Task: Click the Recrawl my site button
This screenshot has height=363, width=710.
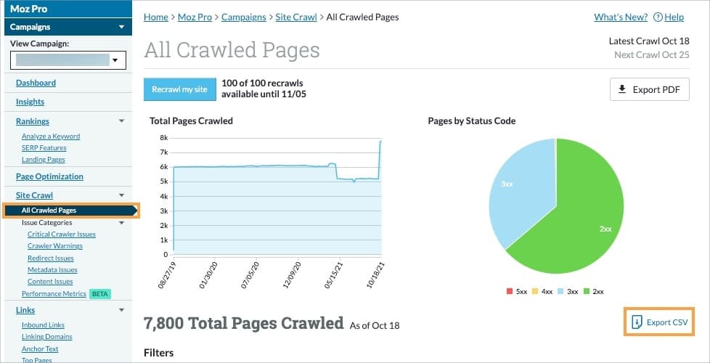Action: tap(180, 89)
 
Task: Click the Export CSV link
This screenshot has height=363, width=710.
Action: tap(659, 322)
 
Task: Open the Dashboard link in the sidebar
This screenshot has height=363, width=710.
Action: tap(36, 83)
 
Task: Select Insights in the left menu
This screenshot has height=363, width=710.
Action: tap(30, 102)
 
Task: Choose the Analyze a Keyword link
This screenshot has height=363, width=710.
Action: tap(51, 136)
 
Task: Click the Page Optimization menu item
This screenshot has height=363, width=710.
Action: tap(49, 176)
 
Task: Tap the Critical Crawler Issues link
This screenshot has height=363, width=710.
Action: tap(62, 234)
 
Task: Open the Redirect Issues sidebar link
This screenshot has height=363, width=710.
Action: tap(51, 258)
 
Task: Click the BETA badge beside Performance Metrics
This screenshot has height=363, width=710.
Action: tap(100, 293)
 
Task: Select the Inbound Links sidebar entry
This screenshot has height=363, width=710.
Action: tap(43, 325)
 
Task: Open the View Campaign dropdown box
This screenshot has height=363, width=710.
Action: tap(68, 60)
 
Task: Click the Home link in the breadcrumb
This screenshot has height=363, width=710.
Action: tap(155, 17)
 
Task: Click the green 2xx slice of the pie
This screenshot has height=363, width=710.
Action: tap(581, 218)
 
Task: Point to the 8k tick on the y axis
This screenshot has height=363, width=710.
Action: tap(164, 137)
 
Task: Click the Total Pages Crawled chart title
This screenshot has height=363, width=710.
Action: tap(191, 121)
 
